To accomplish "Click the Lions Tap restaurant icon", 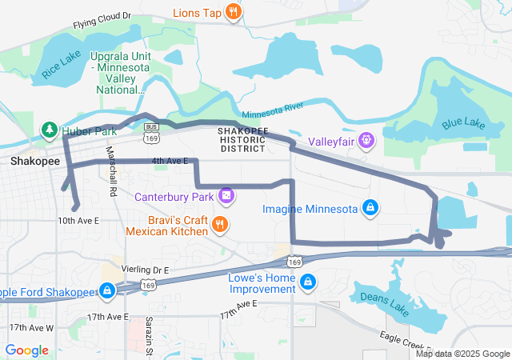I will tap(233, 12).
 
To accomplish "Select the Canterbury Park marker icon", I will tap(227, 195).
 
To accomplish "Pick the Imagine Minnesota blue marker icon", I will tap(370, 209).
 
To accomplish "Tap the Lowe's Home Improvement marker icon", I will tap(308, 282).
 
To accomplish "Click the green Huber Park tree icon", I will tap(49, 129).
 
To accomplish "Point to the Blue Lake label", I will tap(462, 124).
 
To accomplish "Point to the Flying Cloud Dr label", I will tap(102, 19).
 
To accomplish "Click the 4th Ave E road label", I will tap(170, 161).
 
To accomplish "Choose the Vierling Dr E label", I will tap(145, 270).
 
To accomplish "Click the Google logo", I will tap(27, 350).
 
